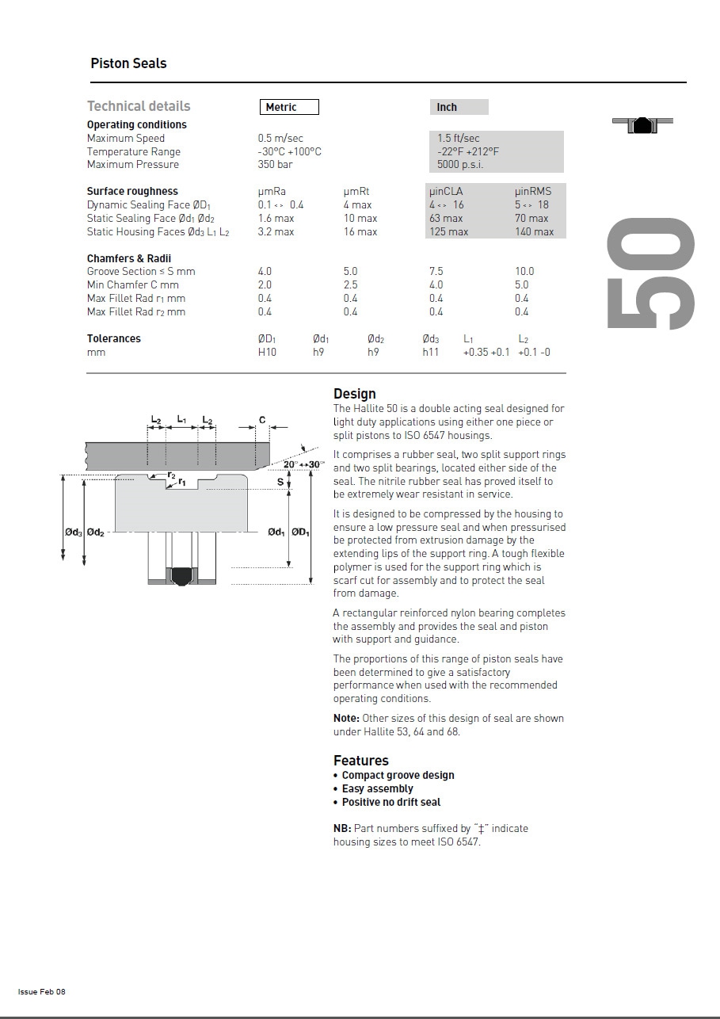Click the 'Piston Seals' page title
coord(128,63)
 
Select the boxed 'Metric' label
coord(289,107)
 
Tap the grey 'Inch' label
coord(448,107)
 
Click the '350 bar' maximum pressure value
coord(274,165)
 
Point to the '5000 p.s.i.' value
coord(460,165)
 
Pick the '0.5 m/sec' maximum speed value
coord(280,138)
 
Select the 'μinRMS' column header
coord(533,191)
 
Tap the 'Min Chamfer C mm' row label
coord(133,284)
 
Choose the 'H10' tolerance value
coord(267,352)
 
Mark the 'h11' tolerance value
coord(430,352)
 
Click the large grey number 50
coord(651,273)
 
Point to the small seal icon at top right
coord(642,124)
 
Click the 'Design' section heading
coord(355,394)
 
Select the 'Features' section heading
coord(361,761)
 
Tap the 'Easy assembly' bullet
coord(377,788)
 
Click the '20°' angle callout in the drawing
coord(291,464)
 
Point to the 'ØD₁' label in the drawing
coord(300,532)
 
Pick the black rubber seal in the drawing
coord(183,574)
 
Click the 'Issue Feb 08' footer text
coord(42,992)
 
